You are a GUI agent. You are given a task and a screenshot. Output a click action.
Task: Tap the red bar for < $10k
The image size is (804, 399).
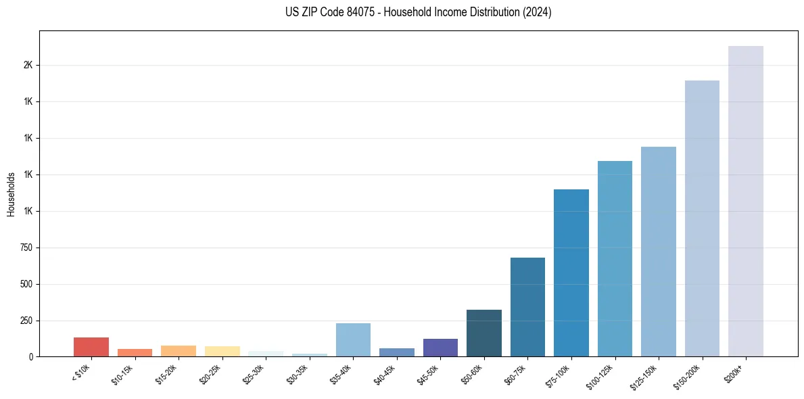[x=91, y=346]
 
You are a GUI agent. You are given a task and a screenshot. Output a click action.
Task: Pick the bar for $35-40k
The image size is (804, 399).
[x=353, y=339]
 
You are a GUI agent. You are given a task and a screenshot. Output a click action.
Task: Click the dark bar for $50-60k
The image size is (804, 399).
[x=484, y=333]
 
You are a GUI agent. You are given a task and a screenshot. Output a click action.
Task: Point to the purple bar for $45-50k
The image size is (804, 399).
[x=440, y=348]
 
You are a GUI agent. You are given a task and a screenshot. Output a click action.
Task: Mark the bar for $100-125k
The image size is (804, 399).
[x=615, y=258]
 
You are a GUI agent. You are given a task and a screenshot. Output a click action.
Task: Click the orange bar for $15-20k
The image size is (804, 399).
[x=179, y=351]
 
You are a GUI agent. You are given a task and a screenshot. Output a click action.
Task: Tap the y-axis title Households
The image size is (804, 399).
[x=11, y=194]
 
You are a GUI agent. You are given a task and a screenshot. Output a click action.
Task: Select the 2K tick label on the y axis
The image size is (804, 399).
[x=28, y=65]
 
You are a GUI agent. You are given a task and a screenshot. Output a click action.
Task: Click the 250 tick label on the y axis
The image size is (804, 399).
[x=26, y=321]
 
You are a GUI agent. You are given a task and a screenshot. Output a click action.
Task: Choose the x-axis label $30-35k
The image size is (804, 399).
[x=299, y=373]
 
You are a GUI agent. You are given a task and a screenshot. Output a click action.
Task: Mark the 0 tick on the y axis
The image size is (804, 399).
[x=30, y=356]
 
